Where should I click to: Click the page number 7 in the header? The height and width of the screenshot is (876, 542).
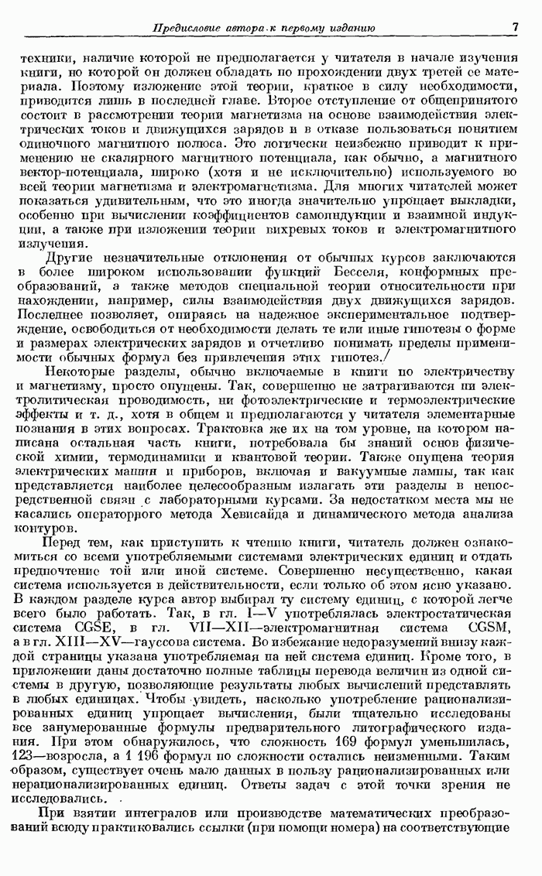[514, 29]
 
